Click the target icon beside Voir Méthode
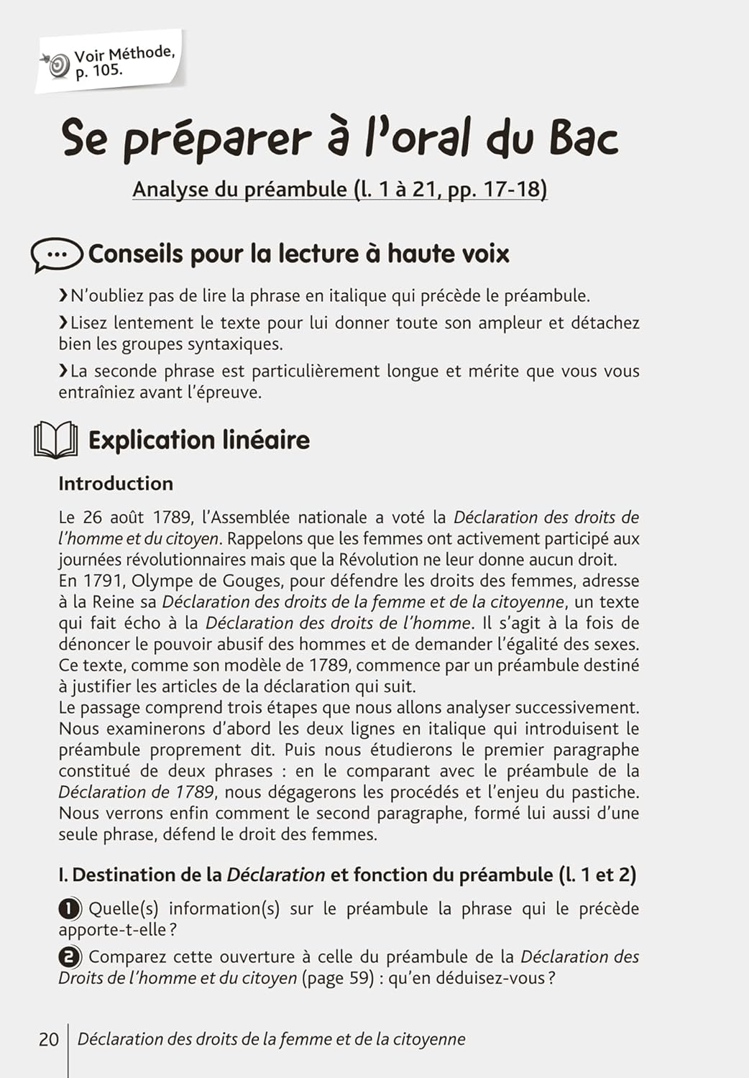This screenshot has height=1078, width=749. tap(58, 65)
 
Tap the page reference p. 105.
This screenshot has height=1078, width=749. tap(98, 70)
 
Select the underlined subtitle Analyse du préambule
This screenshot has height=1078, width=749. tap(339, 189)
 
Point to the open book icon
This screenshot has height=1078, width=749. tap(55, 440)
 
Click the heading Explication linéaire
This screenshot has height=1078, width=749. tap(198, 440)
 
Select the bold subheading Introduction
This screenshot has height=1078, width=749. tap(116, 483)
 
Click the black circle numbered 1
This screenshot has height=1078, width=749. tap(69, 909)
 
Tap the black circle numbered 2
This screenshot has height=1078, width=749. tap(69, 957)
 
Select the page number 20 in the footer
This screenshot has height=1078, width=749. tap(49, 1039)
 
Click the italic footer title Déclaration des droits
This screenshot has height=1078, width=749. tap(271, 1039)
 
